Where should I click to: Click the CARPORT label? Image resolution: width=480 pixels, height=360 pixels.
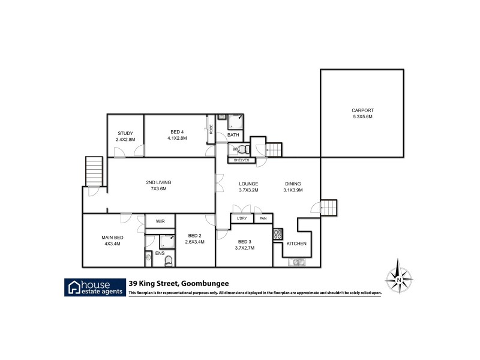coord(362,110)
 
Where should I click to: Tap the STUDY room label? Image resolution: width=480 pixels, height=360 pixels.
coord(125,133)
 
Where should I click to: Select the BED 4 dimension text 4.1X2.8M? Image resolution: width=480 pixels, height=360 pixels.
coord(177,139)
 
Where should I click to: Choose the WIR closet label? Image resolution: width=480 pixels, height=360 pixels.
coord(160,221)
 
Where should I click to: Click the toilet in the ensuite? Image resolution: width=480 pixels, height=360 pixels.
coord(169,260)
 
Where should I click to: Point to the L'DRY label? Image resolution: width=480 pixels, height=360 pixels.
coord(242,218)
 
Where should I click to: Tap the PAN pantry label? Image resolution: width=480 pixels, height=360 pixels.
coord(262,218)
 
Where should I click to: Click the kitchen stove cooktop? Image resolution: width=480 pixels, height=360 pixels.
coord(278,234)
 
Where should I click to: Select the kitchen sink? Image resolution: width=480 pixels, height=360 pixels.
coord(296,262)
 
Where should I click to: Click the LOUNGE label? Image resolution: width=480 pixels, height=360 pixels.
coord(248,184)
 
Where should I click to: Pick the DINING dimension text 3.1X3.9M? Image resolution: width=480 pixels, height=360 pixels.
coord(293,190)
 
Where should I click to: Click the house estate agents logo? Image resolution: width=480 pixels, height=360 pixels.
coord(95,287)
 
